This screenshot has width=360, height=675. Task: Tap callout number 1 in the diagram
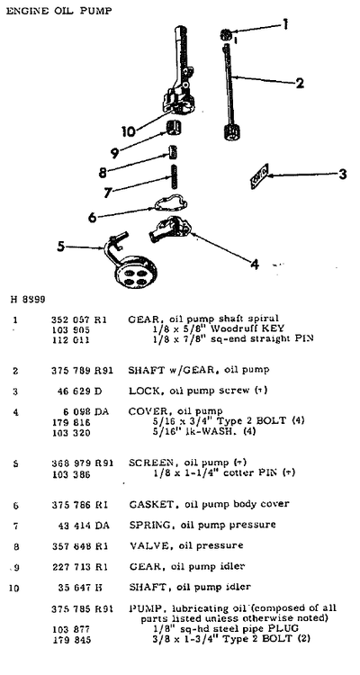point(285,25)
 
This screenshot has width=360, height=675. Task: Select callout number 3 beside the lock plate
point(342,175)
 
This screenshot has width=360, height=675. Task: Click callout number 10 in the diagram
point(130,130)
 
